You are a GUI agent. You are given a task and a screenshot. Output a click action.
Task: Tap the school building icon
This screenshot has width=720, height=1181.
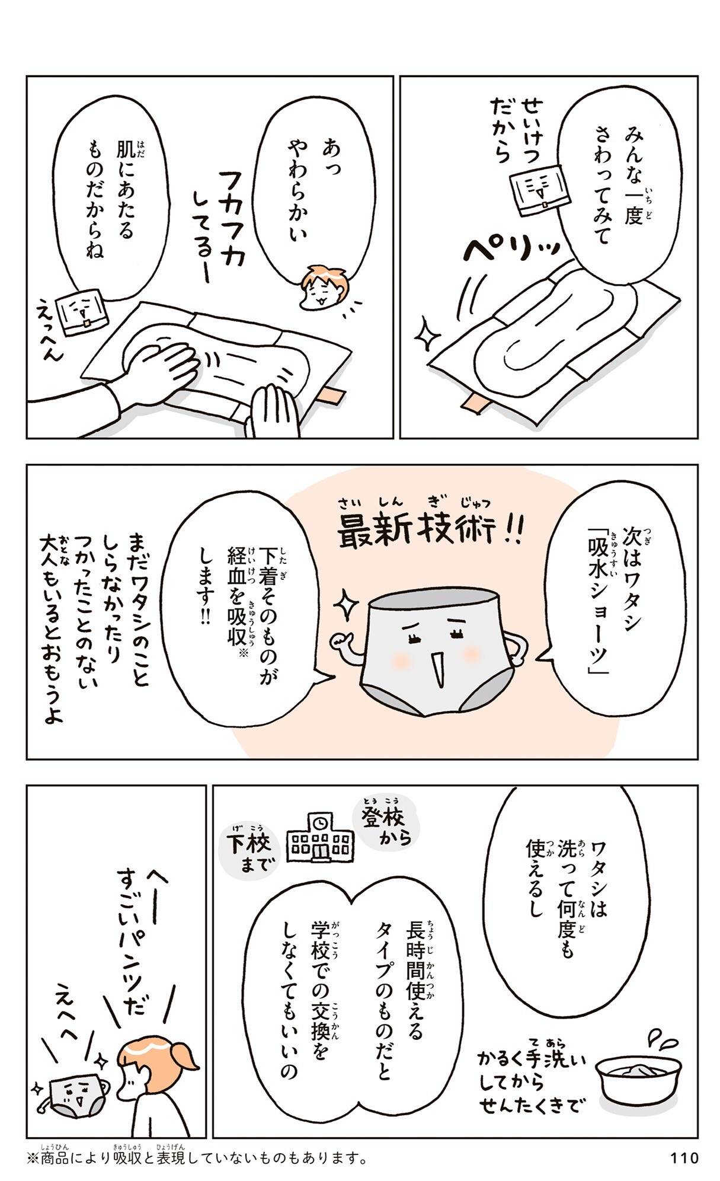coord(320,837)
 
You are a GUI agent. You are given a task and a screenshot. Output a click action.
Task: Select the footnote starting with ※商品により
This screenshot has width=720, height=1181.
coord(196,1157)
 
